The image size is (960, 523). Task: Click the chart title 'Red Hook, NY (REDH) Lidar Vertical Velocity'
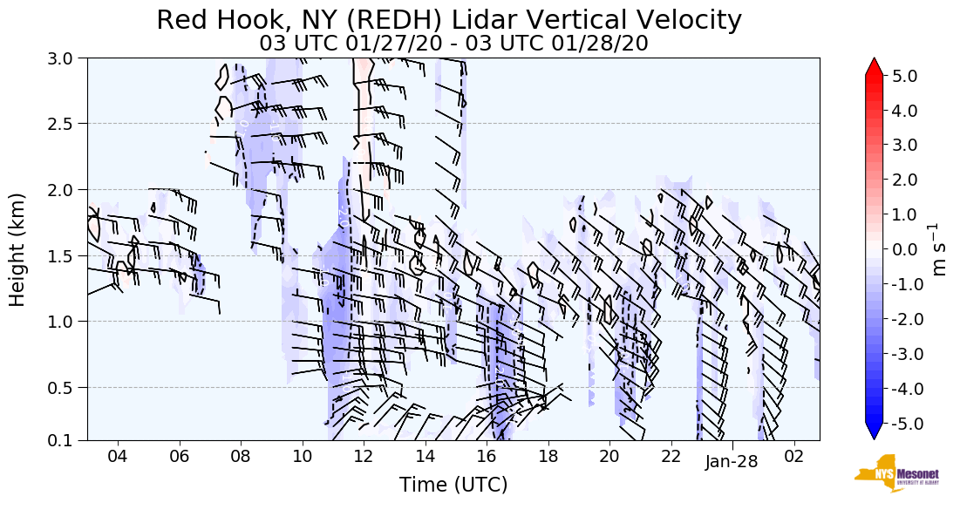click(x=449, y=21)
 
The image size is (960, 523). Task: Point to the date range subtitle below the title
click(x=453, y=43)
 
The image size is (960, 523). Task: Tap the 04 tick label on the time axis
click(x=118, y=456)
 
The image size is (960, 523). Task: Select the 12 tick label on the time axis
click(x=364, y=456)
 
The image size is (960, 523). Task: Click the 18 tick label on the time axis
click(x=548, y=456)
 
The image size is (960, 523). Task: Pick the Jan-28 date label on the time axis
click(x=732, y=462)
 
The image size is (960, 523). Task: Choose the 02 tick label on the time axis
click(x=793, y=456)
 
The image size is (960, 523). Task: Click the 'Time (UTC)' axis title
click(x=453, y=485)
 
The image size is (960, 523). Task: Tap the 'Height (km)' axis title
click(x=17, y=249)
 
